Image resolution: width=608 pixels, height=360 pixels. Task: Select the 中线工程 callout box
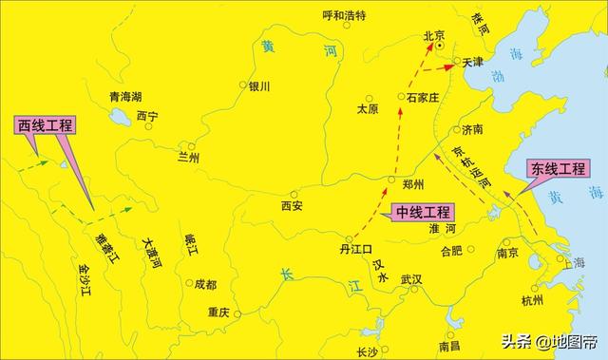424,213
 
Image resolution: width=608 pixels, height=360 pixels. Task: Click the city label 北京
433,36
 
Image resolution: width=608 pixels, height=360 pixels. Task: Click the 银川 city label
260,86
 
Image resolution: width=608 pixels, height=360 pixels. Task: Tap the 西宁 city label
147,116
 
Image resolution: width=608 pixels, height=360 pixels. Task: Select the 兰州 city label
189,158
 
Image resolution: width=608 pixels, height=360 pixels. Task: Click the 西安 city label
292,205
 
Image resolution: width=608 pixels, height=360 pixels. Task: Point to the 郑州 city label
413,184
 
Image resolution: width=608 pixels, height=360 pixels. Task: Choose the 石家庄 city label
420,97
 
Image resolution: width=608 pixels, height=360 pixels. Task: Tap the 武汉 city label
410,280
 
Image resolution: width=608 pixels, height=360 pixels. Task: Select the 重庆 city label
218,313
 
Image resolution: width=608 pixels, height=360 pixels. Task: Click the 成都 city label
205,284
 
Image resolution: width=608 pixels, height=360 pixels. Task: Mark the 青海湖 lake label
124,97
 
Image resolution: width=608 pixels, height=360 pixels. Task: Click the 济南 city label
472,129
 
